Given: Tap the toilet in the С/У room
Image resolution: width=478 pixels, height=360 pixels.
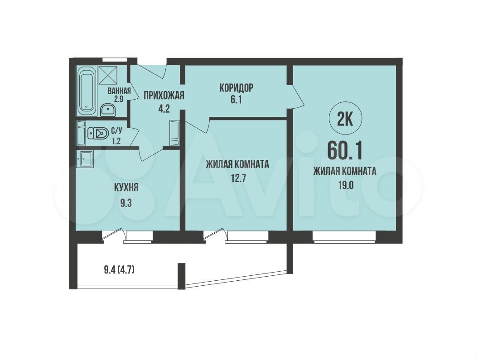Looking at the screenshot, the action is coord(98,134).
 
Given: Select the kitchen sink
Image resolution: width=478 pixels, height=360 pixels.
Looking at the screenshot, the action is coord(85,158).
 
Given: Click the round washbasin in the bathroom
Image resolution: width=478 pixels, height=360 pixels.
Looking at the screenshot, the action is coord(107,110).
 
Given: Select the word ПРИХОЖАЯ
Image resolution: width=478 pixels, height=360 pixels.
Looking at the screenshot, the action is coord(164,96).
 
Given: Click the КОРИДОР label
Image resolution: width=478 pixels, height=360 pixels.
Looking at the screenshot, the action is coord(236,88).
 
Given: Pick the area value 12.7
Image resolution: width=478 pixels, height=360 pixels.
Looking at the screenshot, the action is coord(237,178).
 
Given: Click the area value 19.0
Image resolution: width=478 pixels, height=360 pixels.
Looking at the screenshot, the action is coord(345,185).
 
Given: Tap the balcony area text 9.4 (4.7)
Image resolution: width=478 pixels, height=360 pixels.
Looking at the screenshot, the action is coord(119,270).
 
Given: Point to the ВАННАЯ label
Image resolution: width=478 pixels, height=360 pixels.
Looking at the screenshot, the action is coord(119,91).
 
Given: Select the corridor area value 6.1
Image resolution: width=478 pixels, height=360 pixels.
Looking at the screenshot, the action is coord(236,100).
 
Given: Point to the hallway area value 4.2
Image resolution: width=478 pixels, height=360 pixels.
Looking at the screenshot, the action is coord(164,109).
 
